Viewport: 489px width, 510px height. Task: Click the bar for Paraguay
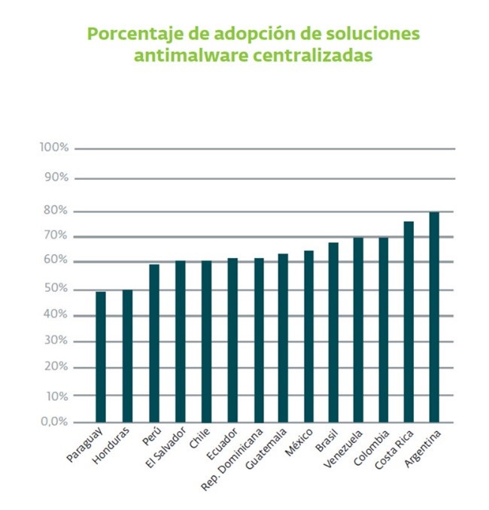coord(101,357)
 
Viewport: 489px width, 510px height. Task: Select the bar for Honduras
coord(127,357)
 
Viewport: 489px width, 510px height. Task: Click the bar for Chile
coord(206,342)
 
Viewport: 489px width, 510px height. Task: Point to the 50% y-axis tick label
coord(56,290)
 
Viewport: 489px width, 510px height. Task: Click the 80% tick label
coord(56,211)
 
